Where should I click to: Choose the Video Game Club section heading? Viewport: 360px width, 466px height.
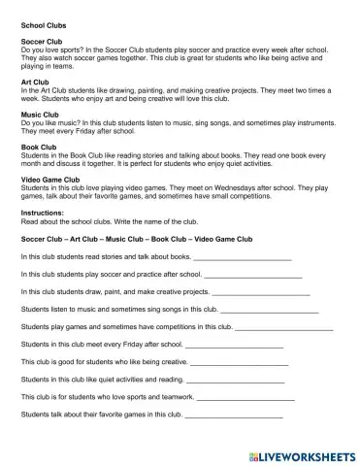[x=50, y=183]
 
